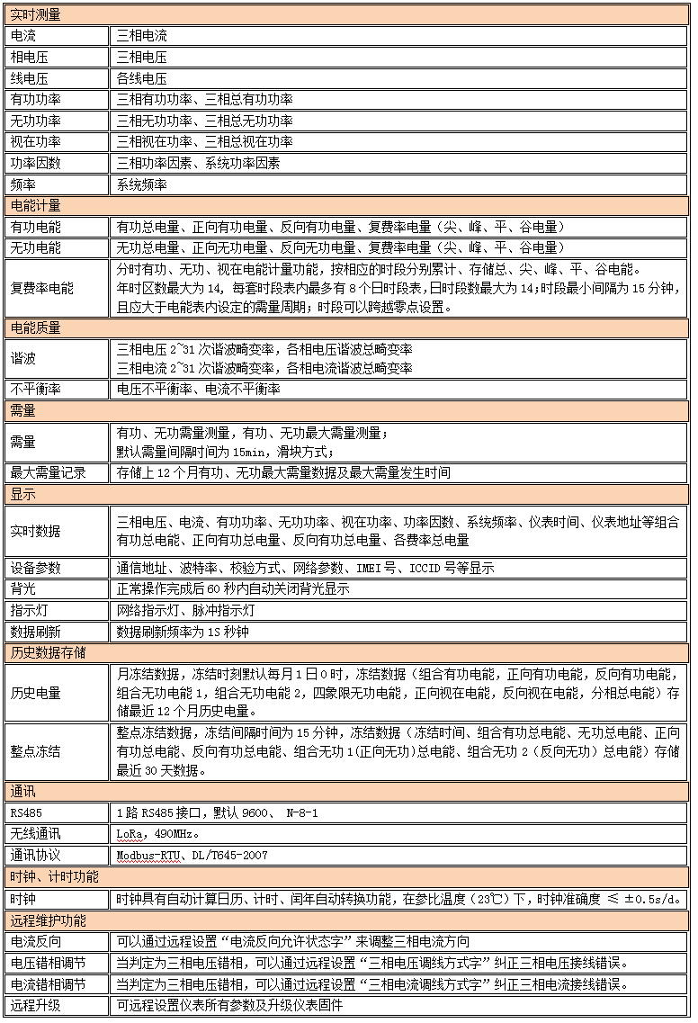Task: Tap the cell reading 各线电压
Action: coord(142,78)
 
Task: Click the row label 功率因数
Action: coord(36,163)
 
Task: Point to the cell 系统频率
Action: coord(142,184)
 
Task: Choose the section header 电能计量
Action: coord(36,206)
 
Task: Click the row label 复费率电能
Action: coord(42,289)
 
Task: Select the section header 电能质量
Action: coord(36,328)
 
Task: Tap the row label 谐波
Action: coord(23,358)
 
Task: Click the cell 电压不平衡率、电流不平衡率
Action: coord(199,389)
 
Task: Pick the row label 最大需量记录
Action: coord(49,472)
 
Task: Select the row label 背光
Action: coord(23,589)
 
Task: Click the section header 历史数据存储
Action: coord(49,652)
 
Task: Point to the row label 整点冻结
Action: coord(36,750)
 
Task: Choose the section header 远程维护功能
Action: coord(49,920)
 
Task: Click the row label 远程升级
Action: coord(36,1005)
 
